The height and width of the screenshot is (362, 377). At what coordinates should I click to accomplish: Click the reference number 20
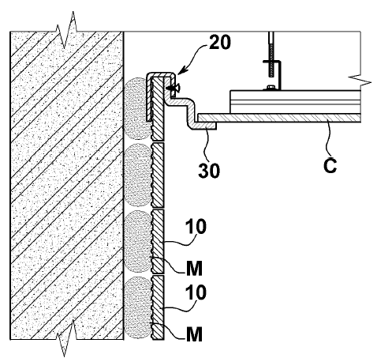219,43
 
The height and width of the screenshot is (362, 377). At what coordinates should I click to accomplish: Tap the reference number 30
209,171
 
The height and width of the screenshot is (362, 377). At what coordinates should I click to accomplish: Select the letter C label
330,166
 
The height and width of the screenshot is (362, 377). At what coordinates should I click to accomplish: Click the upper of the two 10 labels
196,227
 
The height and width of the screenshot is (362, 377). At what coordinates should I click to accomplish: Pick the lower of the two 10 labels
196,292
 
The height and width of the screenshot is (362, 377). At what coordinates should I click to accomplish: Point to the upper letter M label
195,269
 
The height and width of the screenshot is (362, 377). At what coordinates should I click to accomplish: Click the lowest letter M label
195,334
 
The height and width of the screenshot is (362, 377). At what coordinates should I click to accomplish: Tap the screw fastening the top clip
172,88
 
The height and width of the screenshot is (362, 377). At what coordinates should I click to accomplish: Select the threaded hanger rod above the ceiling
271,55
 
